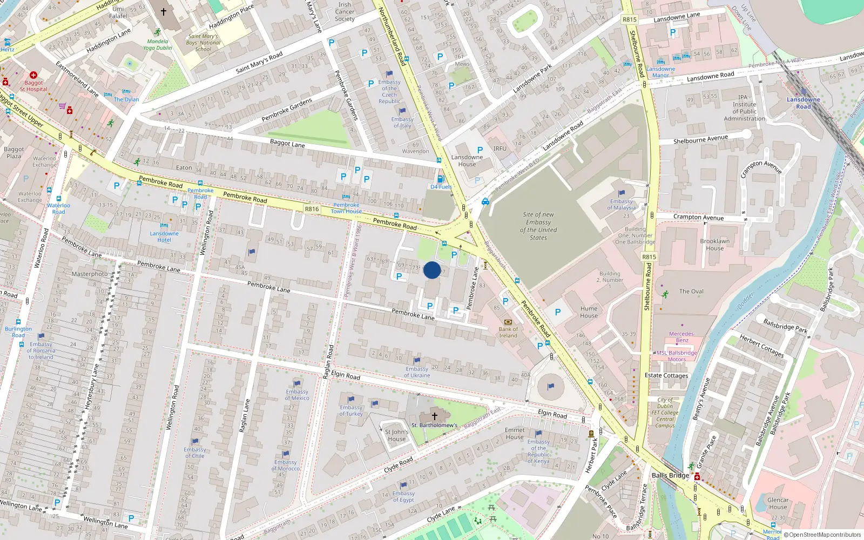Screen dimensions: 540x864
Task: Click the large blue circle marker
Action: coord(432,270)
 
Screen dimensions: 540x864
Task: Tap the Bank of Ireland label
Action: coord(508,332)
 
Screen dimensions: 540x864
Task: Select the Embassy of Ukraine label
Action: coord(417,372)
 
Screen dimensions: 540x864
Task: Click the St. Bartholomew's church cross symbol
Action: coord(435,416)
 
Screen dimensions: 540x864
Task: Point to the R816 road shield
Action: coord(312,209)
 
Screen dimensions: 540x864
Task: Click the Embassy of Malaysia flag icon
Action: coord(622,193)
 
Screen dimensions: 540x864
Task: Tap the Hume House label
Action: coord(589,312)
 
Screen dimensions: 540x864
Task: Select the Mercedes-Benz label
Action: coord(682,337)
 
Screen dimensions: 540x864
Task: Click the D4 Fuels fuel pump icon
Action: coord(440,179)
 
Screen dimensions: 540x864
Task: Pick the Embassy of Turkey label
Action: coord(351,410)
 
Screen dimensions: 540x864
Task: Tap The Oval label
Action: coord(691,292)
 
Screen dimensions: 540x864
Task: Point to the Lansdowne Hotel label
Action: coord(164,237)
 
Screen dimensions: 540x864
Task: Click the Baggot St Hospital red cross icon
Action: coord(33,75)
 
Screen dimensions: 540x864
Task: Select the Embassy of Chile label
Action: coord(194,453)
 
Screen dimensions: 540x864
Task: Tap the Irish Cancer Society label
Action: coord(345,12)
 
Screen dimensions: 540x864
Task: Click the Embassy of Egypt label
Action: coord(403,496)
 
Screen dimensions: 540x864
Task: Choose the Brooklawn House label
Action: coord(714,245)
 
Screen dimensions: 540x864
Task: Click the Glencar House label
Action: coord(778,503)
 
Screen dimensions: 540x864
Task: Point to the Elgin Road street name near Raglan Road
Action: coord(346,375)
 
